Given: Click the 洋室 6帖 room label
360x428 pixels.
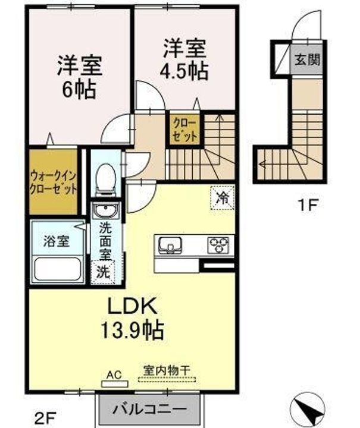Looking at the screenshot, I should pos(80,77).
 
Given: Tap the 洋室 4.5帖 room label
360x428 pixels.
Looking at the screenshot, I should pos(184,59).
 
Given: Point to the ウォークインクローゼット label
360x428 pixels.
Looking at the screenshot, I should pos(54,183).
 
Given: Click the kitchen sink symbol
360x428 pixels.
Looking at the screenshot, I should pos(170,244).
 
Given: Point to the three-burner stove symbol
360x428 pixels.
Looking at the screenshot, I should pos(218,244).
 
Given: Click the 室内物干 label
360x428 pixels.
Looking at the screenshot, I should pos(167,370).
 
